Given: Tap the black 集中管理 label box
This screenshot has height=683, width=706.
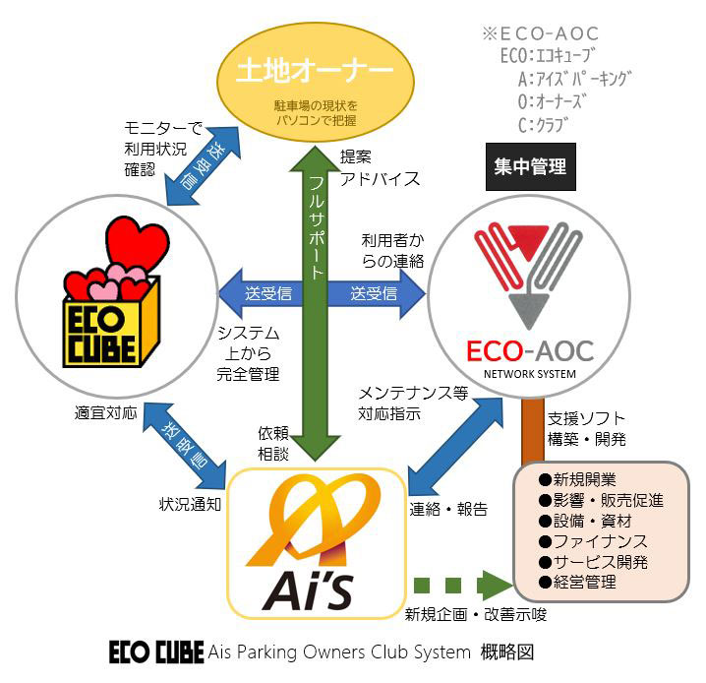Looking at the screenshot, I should tap(529, 166).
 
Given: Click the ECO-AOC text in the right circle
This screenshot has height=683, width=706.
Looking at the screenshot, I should tap(529, 352).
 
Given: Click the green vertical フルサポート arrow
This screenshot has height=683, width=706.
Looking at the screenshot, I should tap(315, 295).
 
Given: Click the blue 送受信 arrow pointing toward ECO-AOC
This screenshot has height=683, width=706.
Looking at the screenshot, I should tap(379, 293).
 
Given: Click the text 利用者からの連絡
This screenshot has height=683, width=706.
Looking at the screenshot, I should tap(391, 250).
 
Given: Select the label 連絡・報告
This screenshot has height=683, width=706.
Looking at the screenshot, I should tap(448, 511).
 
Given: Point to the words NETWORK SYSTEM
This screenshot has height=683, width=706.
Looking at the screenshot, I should tap(529, 375).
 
